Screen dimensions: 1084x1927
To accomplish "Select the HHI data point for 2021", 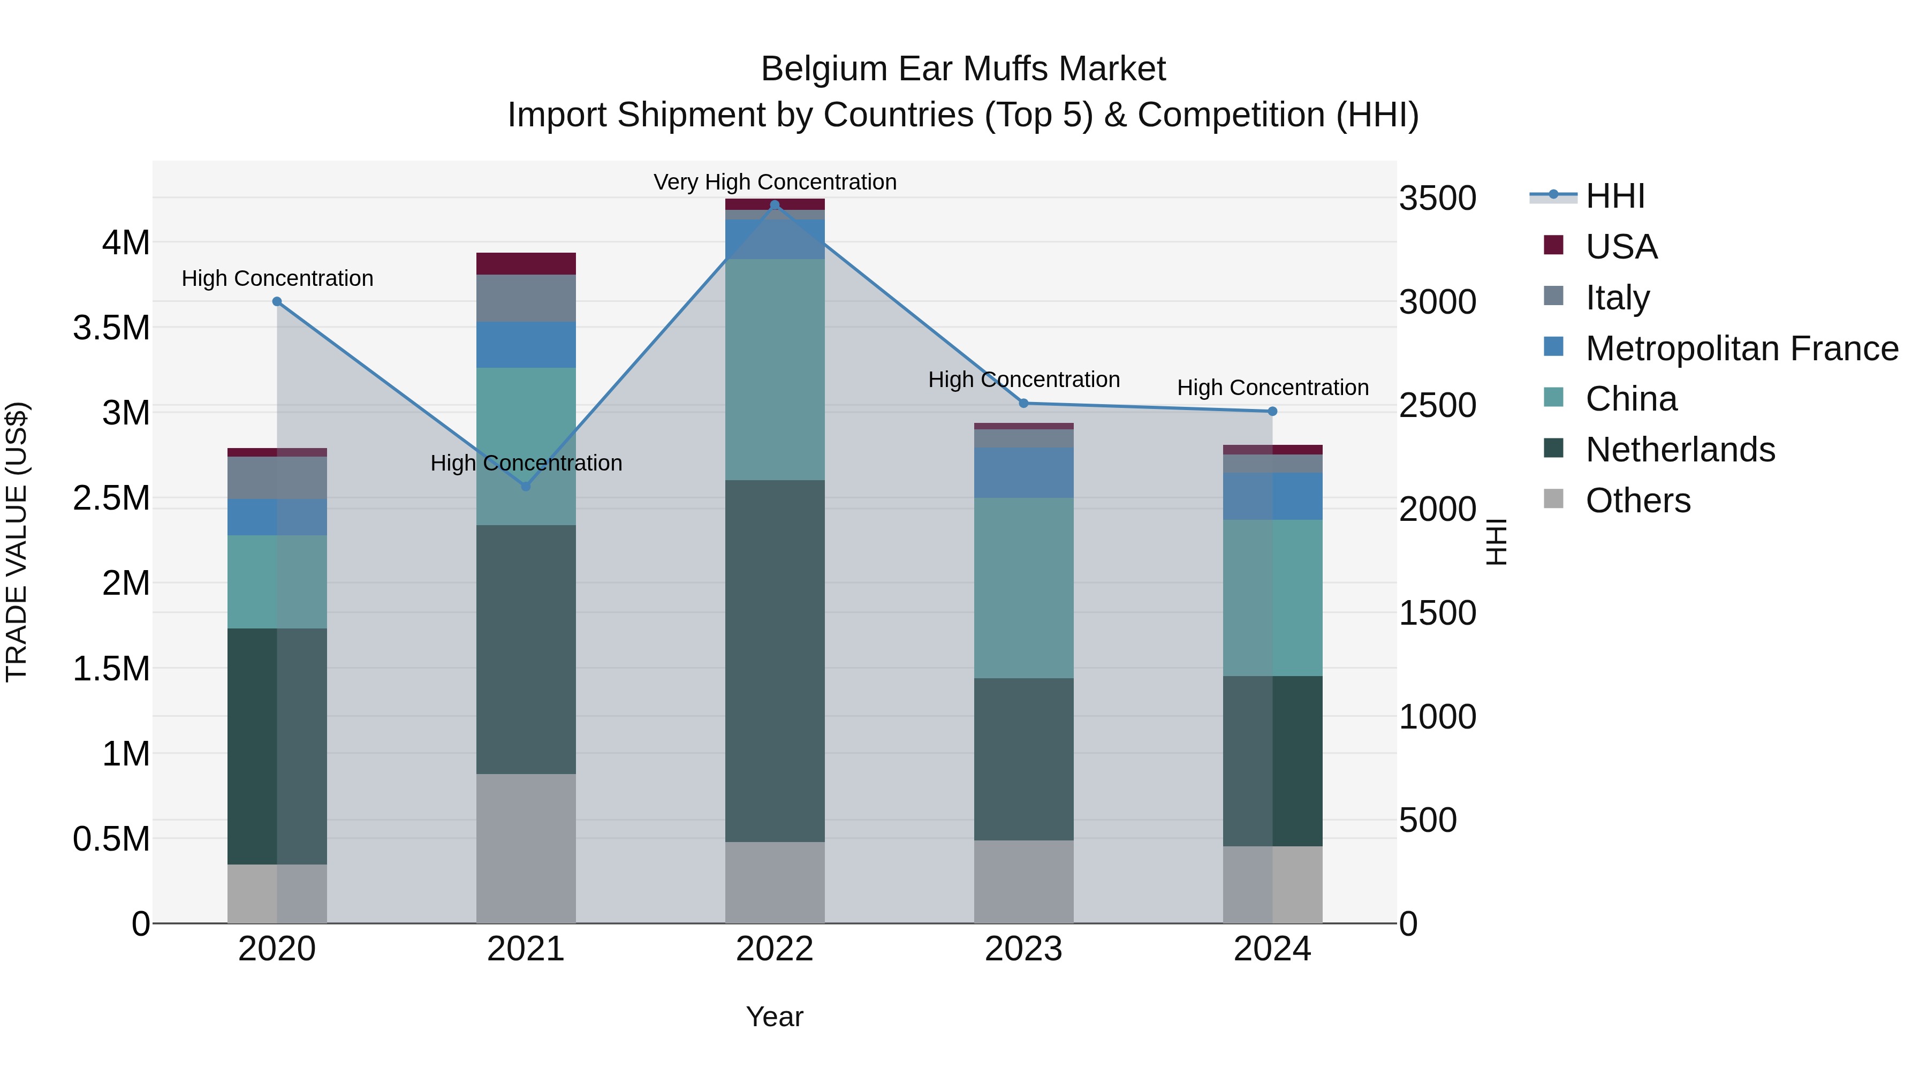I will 525,486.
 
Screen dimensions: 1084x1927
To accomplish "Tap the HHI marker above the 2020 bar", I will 277,301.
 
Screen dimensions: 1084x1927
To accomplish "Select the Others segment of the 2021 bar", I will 525,848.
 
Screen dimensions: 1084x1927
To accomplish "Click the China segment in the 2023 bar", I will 1023,588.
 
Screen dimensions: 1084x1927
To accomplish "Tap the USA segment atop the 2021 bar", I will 525,263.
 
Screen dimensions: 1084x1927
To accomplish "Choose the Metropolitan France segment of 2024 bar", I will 1272,496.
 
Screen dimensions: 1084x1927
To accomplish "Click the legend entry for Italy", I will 1617,297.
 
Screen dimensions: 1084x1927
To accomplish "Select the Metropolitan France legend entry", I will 1741,348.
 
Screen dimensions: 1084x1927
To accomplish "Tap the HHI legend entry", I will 1614,196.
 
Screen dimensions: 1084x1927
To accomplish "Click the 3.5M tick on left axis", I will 111,328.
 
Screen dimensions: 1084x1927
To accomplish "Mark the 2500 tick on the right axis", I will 1437,405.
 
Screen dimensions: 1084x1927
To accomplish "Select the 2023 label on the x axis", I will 1023,949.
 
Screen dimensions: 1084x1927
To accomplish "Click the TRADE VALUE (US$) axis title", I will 17,542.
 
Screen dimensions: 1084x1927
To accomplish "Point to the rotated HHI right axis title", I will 1496,542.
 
